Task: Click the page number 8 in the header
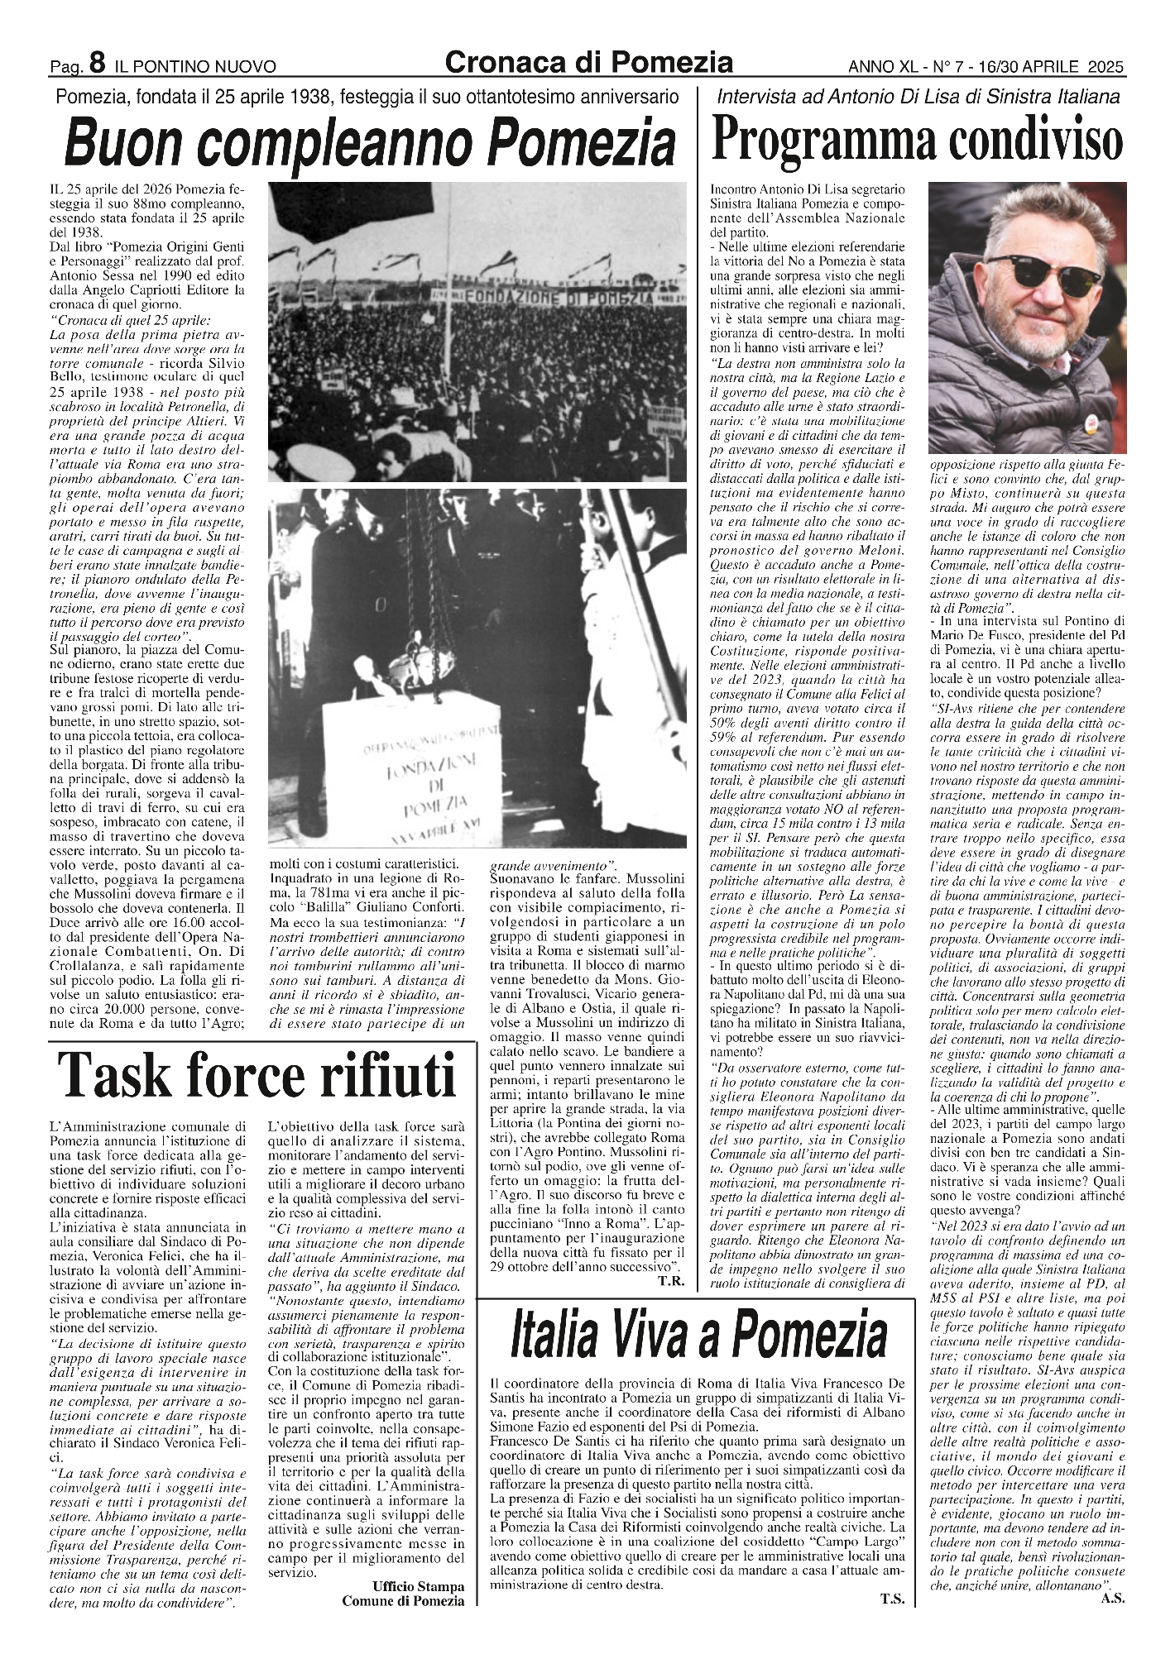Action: point(97,63)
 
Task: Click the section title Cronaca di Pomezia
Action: point(589,61)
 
